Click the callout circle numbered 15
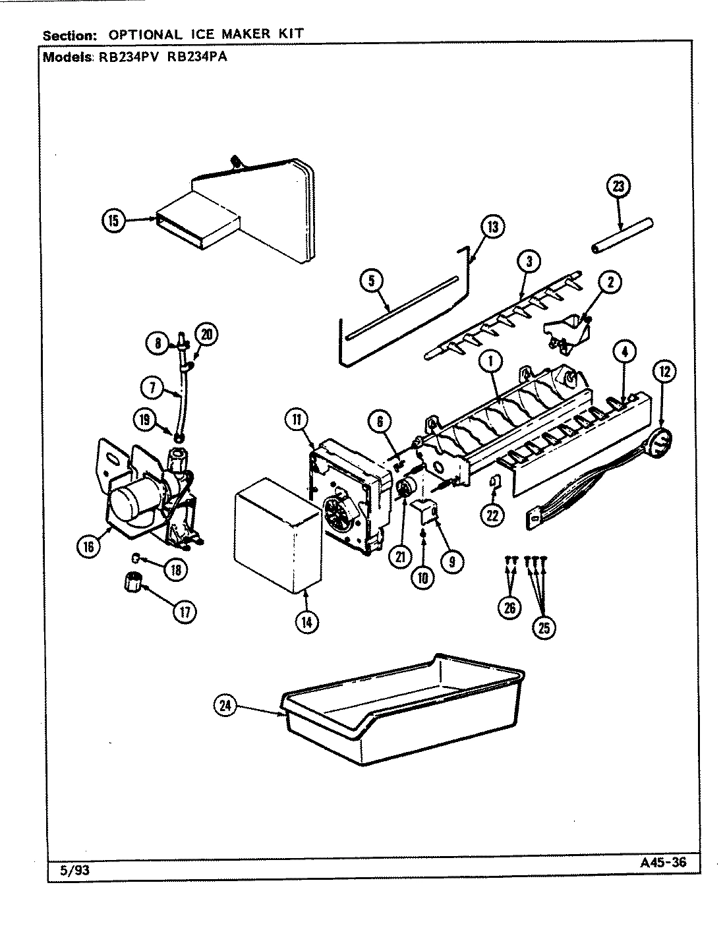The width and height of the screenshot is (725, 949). (x=114, y=221)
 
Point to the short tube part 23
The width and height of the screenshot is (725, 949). (x=622, y=235)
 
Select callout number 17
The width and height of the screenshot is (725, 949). (x=185, y=612)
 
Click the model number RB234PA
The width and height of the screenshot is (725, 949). (x=195, y=57)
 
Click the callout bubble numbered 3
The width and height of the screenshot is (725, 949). (x=529, y=262)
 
